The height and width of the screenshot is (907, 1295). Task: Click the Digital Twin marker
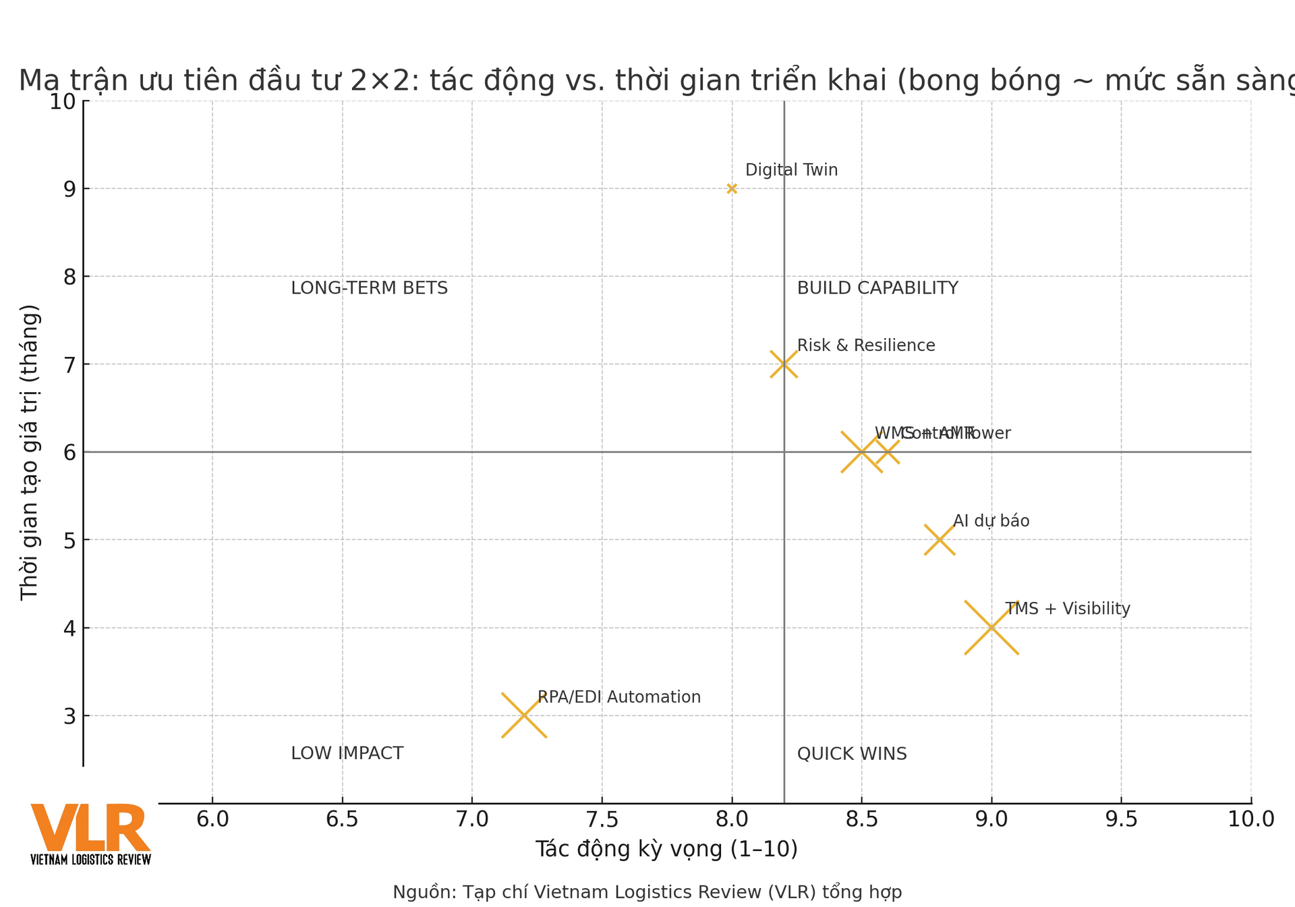732,189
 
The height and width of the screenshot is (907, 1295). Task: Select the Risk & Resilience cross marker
784,364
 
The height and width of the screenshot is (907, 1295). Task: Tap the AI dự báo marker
940,540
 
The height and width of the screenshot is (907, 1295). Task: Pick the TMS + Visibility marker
991,628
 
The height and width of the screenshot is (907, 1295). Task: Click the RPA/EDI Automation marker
524,715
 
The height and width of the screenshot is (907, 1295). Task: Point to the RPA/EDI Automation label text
618,697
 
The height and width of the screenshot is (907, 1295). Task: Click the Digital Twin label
791,170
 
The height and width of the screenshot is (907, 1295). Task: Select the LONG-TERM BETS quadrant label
369,288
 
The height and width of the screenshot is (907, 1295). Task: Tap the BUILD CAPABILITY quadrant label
877,288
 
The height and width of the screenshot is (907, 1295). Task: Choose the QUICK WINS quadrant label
851,754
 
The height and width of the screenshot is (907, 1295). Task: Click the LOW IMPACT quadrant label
347,753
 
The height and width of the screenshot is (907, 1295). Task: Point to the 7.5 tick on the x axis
602,819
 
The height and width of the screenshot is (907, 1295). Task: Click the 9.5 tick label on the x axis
1121,819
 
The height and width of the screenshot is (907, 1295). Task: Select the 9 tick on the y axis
69,189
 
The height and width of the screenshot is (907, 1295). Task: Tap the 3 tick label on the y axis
69,716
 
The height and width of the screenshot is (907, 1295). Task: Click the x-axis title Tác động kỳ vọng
666,849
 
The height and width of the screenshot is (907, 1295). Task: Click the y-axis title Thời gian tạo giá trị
30,452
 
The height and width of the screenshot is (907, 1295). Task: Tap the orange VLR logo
90,833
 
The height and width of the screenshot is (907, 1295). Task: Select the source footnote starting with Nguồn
647,892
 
